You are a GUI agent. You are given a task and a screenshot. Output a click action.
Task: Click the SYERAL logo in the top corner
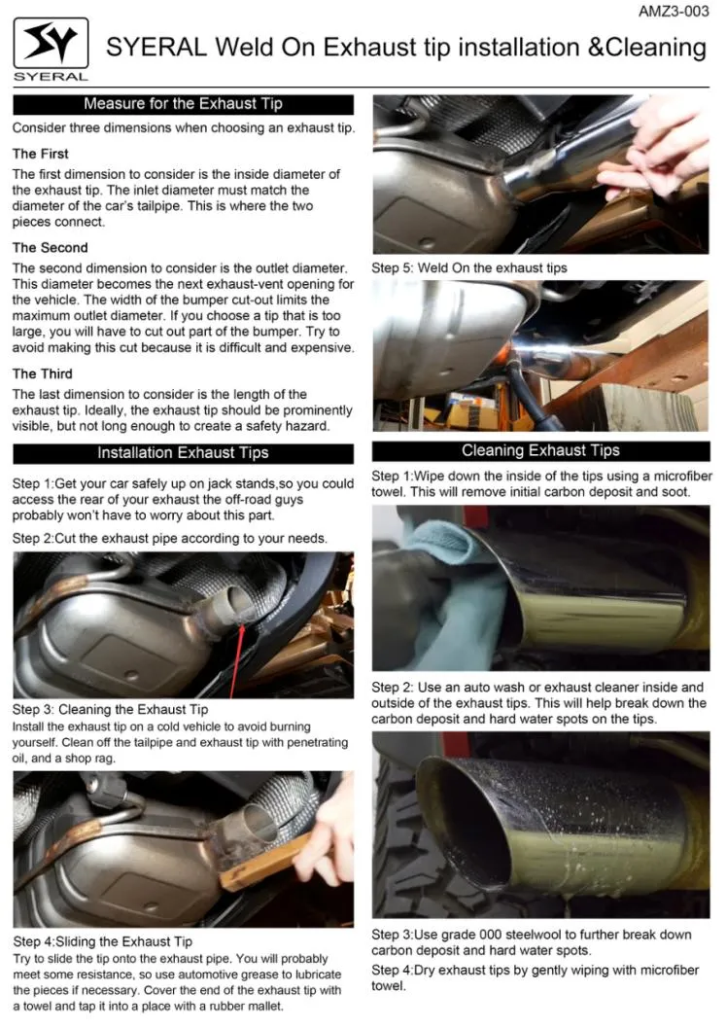click(x=51, y=46)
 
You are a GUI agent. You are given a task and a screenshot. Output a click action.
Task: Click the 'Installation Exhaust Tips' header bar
click(x=183, y=453)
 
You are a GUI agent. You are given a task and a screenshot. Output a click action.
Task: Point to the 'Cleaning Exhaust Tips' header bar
click(x=540, y=451)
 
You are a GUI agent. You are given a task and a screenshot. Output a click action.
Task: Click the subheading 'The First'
click(x=40, y=154)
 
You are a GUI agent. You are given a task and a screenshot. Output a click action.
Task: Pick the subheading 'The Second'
click(x=50, y=247)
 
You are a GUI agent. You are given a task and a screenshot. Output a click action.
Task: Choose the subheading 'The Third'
click(x=42, y=373)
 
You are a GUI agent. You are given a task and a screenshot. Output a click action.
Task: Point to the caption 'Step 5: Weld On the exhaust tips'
click(x=469, y=267)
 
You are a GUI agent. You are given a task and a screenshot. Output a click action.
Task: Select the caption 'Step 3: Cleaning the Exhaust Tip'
click(x=110, y=710)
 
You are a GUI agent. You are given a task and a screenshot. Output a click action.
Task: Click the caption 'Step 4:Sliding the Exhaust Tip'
click(x=102, y=941)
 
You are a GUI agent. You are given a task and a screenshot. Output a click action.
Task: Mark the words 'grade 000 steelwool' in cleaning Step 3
click(x=504, y=935)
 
